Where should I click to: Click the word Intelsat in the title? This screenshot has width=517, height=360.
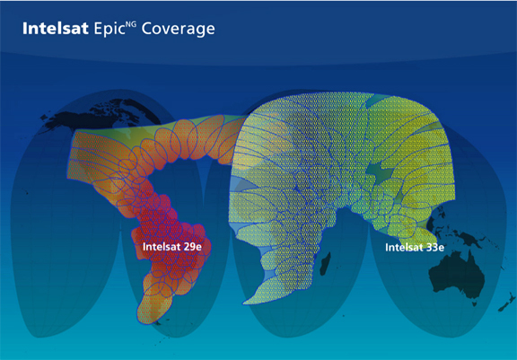click(56, 29)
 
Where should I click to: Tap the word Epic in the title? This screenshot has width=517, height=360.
click(110, 29)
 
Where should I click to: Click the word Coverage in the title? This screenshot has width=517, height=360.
click(178, 29)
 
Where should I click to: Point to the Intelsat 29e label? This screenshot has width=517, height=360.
click(171, 247)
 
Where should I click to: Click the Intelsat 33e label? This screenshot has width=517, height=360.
click(415, 247)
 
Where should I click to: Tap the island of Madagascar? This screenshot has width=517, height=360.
click(326, 264)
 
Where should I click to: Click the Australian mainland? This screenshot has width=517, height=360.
click(458, 275)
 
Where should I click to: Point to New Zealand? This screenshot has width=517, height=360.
click(506, 303)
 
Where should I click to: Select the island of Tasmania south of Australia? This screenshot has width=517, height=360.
click(475, 303)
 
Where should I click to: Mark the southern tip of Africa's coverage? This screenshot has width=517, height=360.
click(244, 303)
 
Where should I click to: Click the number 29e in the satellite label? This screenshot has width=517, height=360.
click(192, 247)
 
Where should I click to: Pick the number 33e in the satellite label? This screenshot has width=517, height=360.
click(435, 247)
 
